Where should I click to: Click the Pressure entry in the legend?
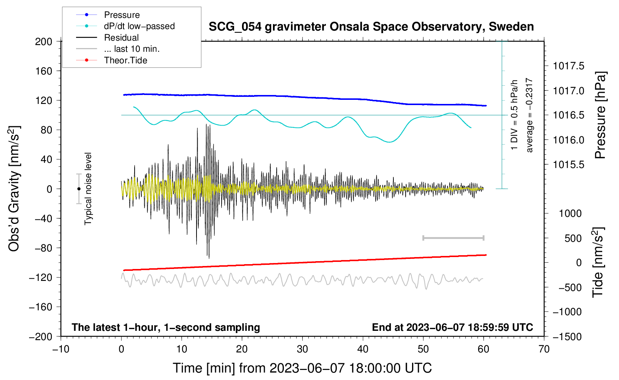[122, 15]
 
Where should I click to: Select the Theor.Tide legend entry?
[125, 60]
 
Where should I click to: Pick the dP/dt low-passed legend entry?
[139, 26]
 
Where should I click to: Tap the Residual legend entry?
[121, 38]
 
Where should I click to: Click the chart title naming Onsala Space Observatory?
[371, 27]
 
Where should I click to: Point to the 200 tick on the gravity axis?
[44, 41]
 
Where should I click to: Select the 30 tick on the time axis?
[302, 349]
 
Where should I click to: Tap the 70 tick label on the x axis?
[544, 349]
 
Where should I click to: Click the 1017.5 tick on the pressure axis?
[569, 66]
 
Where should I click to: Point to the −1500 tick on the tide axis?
[567, 336]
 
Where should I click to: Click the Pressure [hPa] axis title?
[600, 115]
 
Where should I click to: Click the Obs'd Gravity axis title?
[14, 189]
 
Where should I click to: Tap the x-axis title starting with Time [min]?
[302, 368]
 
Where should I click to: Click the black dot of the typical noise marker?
[79, 189]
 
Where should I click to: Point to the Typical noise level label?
[88, 189]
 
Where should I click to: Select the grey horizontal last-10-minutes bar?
[453, 238]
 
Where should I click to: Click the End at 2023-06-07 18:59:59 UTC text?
[452, 327]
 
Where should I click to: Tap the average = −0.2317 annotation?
[529, 115]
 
